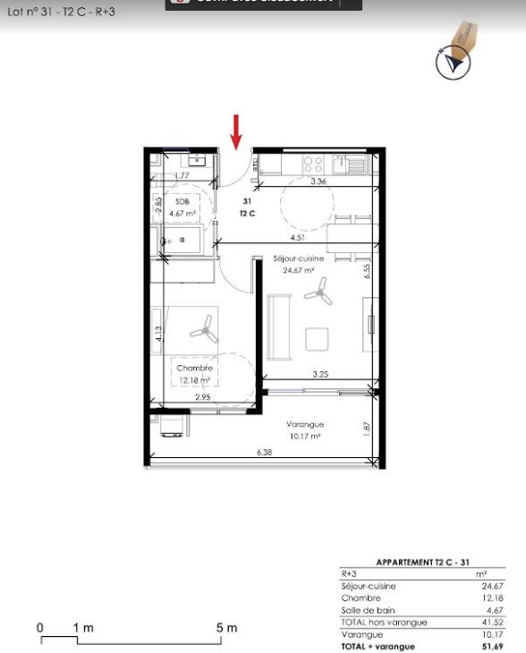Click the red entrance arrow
[x=236, y=131]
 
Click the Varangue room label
[x=305, y=424]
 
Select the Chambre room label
[x=194, y=369]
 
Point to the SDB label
[x=182, y=202]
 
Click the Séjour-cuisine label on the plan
[x=298, y=259]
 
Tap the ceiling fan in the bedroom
[x=205, y=332]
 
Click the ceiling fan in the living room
[x=319, y=290]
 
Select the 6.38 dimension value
[x=264, y=454]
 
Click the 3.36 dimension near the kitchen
[x=318, y=182]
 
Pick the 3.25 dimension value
[x=320, y=374]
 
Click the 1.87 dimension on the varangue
[x=366, y=428]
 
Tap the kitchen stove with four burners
[x=313, y=164]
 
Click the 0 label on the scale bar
[x=40, y=628]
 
